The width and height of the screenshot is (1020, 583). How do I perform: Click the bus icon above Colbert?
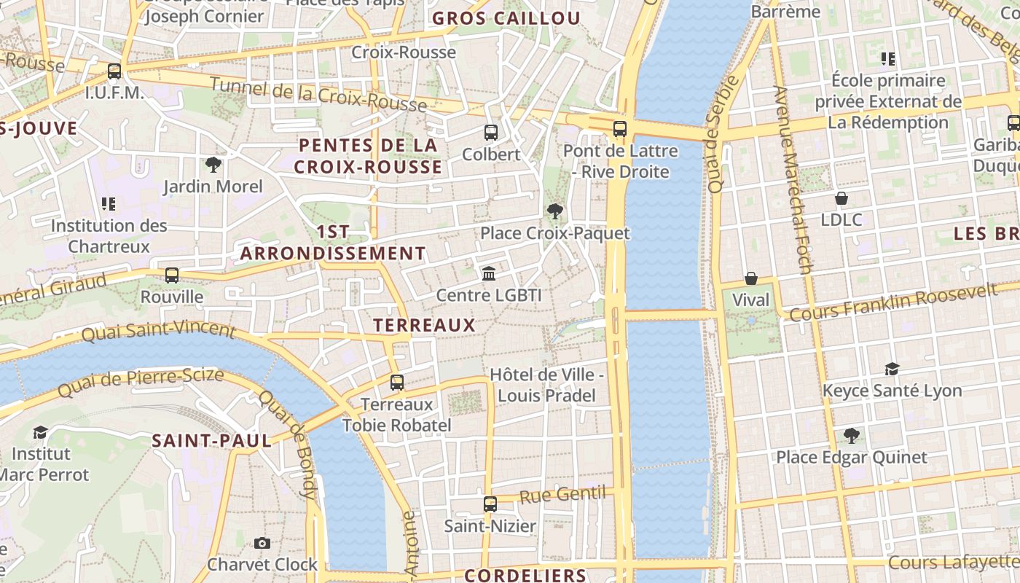491,133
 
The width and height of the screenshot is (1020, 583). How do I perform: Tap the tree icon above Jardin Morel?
213,165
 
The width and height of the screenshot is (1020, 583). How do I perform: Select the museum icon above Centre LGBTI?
489,274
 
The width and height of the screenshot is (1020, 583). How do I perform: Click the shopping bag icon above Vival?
750,278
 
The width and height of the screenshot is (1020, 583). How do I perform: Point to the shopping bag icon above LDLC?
841,198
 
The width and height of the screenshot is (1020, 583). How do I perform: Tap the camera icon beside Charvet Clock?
262,543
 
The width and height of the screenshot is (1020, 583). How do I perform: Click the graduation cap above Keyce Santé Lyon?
892,369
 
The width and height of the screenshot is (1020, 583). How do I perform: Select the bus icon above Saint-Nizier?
490,504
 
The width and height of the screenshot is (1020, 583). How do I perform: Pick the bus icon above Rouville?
172,275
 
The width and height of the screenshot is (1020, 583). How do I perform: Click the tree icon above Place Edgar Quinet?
851,436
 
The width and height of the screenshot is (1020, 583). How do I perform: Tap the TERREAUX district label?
424,325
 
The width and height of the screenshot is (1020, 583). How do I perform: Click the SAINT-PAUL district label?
211,440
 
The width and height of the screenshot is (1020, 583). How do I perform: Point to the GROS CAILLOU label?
506,19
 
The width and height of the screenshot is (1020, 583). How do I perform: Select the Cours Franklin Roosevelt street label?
893,303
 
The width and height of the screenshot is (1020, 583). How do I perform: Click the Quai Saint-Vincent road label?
158,331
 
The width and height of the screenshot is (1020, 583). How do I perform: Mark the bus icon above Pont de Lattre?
620,129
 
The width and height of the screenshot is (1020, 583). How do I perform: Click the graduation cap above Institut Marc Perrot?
40,432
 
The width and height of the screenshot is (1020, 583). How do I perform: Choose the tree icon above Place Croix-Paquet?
555,211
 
